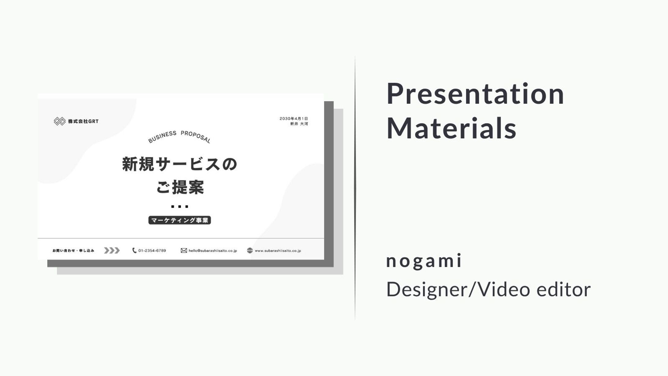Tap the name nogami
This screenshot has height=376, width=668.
424,261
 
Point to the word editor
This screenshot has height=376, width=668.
563,289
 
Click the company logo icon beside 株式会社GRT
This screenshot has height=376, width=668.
60,121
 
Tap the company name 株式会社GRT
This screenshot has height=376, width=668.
83,121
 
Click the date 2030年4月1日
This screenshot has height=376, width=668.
294,118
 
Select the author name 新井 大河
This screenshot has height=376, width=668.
299,124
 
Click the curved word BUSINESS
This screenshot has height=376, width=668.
162,137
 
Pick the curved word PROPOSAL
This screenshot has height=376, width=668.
196,136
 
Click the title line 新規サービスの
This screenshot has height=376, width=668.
180,164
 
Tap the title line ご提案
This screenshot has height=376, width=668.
180,187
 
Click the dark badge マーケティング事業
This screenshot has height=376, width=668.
180,220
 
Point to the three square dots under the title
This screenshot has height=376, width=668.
180,207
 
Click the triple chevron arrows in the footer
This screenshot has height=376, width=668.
112,251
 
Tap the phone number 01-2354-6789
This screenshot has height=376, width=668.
152,251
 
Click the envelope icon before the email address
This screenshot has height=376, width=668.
184,251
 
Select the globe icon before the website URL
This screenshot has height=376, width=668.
250,251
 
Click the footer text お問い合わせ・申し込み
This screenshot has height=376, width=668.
73,251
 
